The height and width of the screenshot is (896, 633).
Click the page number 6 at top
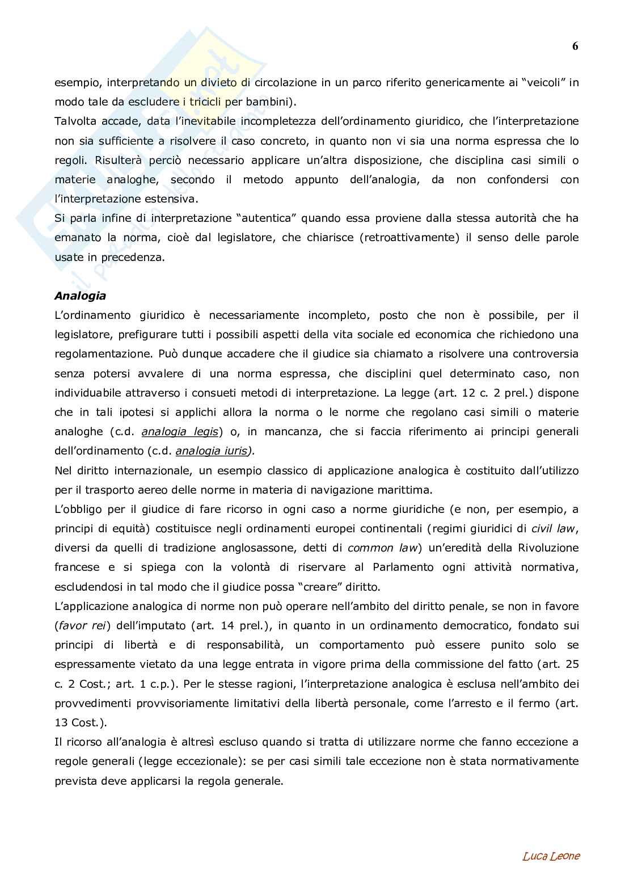[575, 47]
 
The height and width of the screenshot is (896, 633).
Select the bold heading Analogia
[80, 296]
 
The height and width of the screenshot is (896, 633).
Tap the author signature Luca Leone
[551, 856]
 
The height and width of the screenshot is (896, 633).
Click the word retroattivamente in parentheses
[409, 238]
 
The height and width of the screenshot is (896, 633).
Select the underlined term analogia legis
[180, 432]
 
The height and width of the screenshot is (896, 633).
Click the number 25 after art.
[572, 664]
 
